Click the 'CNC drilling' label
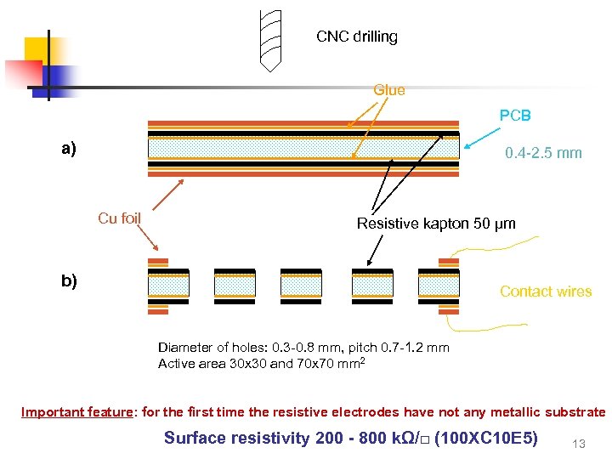tap(357, 37)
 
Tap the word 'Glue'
tap(389, 90)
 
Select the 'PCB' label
tap(514, 116)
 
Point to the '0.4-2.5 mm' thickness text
tap(543, 153)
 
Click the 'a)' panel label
tap(69, 149)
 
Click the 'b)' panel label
tap(69, 280)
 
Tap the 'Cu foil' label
tap(119, 218)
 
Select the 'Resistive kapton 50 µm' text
tap(436, 224)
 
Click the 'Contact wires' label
tap(546, 292)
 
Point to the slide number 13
tap(580, 442)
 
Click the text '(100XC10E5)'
tap(484, 439)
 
